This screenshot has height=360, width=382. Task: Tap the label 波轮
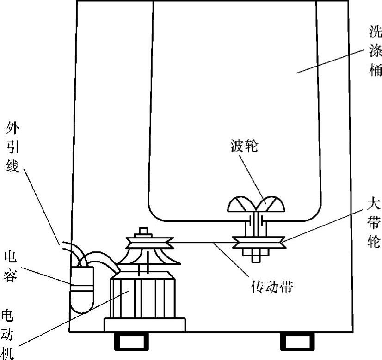tap(244, 147)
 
